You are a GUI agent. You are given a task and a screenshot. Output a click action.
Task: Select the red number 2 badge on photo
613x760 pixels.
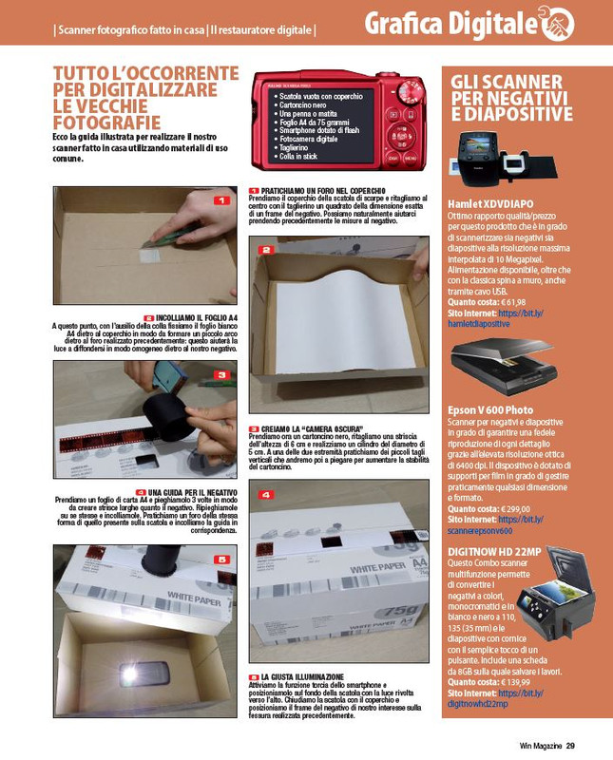tap(267, 250)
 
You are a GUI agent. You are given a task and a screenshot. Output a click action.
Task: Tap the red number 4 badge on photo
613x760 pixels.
tap(267, 494)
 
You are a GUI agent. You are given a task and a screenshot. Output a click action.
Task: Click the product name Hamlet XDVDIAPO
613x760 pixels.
tap(489, 204)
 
